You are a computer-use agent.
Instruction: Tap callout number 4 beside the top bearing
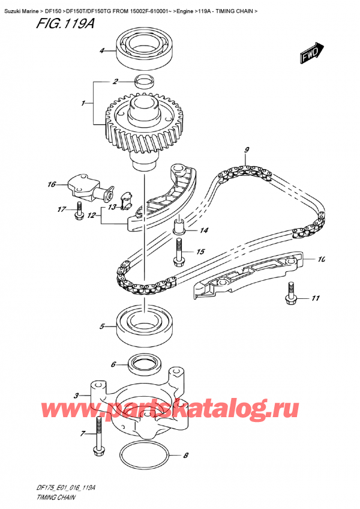click(101, 50)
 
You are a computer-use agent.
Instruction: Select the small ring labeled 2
click(144, 81)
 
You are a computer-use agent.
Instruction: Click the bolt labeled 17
click(79, 210)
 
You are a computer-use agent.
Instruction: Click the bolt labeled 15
click(178, 251)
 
